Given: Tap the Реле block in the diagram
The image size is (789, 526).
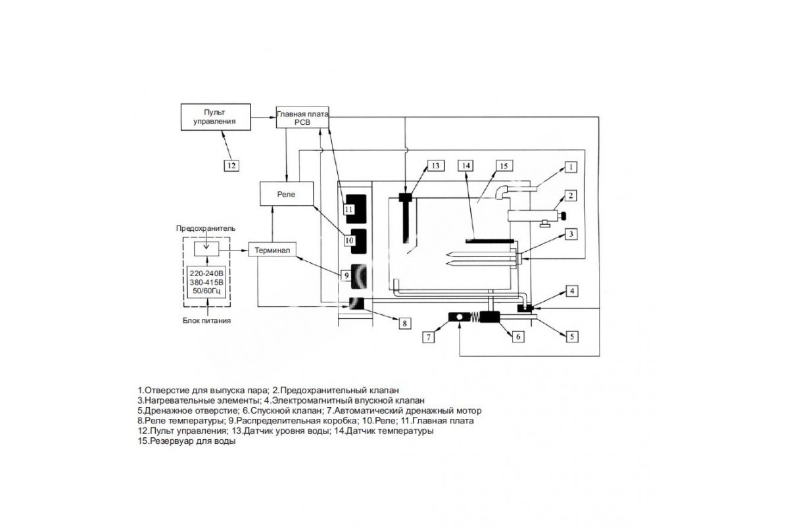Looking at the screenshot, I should pyautogui.click(x=286, y=195).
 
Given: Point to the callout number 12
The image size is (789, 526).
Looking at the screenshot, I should pyautogui.click(x=230, y=165).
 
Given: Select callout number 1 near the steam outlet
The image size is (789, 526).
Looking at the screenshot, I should pyautogui.click(x=571, y=167).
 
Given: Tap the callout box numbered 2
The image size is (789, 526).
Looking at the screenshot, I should pyautogui.click(x=571, y=195).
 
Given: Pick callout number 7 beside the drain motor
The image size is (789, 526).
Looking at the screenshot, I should pyautogui.click(x=429, y=337).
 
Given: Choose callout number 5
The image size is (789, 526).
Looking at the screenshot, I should pyautogui.click(x=571, y=336).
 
